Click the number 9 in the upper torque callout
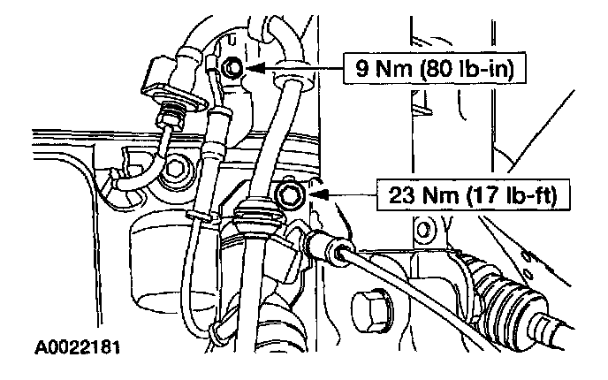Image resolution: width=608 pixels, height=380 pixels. click(x=361, y=66)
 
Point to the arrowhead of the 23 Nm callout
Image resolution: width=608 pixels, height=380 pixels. click(x=315, y=191)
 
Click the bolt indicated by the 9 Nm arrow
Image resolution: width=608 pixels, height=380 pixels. click(x=234, y=66)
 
